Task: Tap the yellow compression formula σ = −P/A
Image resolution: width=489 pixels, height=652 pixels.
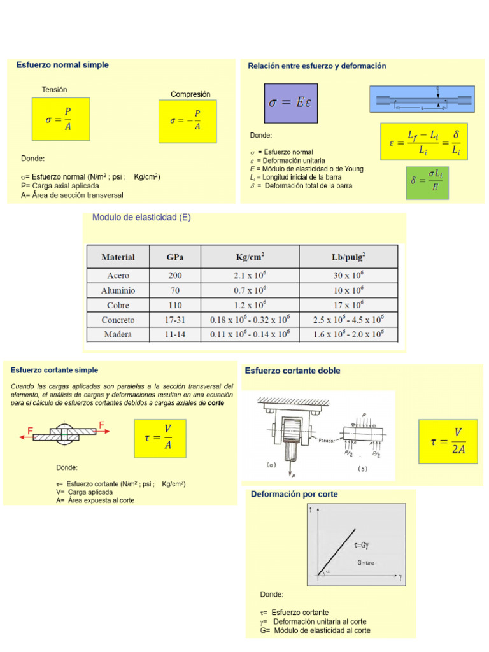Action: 187,121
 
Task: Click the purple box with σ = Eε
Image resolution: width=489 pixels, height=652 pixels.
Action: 290,103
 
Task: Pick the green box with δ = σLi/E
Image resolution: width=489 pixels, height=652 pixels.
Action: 427,182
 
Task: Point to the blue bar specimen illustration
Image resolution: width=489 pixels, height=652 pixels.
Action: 421,99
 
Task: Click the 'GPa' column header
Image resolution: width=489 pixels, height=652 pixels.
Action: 175,257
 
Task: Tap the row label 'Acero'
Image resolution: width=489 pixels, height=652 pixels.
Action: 118,276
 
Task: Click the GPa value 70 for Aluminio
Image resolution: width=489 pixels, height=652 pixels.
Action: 175,290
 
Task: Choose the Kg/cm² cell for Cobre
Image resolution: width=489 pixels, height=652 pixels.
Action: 250,305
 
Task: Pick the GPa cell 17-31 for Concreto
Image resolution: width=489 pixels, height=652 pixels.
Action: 175,320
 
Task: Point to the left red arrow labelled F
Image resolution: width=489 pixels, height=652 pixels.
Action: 26,436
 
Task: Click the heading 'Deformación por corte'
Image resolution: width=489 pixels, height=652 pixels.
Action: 294,494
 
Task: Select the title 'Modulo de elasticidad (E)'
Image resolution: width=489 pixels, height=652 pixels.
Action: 141,217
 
